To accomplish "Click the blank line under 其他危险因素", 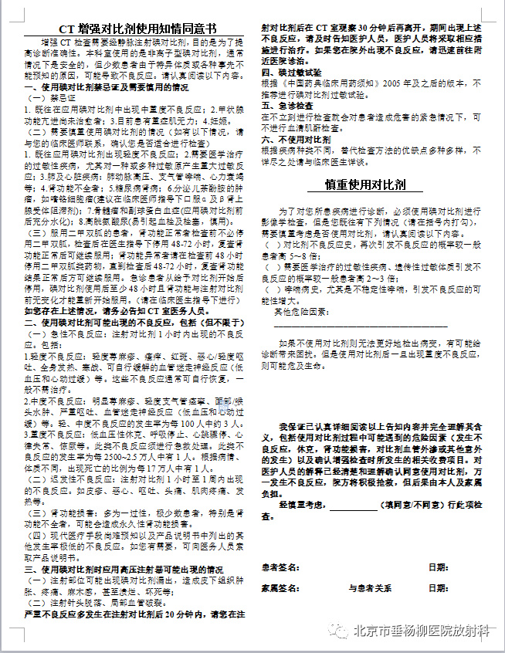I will (x=360, y=324).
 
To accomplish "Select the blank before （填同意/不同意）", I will (x=353, y=504).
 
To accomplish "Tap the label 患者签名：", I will (x=280, y=567).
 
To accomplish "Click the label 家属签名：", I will (x=280, y=587).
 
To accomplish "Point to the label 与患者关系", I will (x=370, y=587).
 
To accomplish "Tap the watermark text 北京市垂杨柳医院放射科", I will (x=420, y=631).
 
